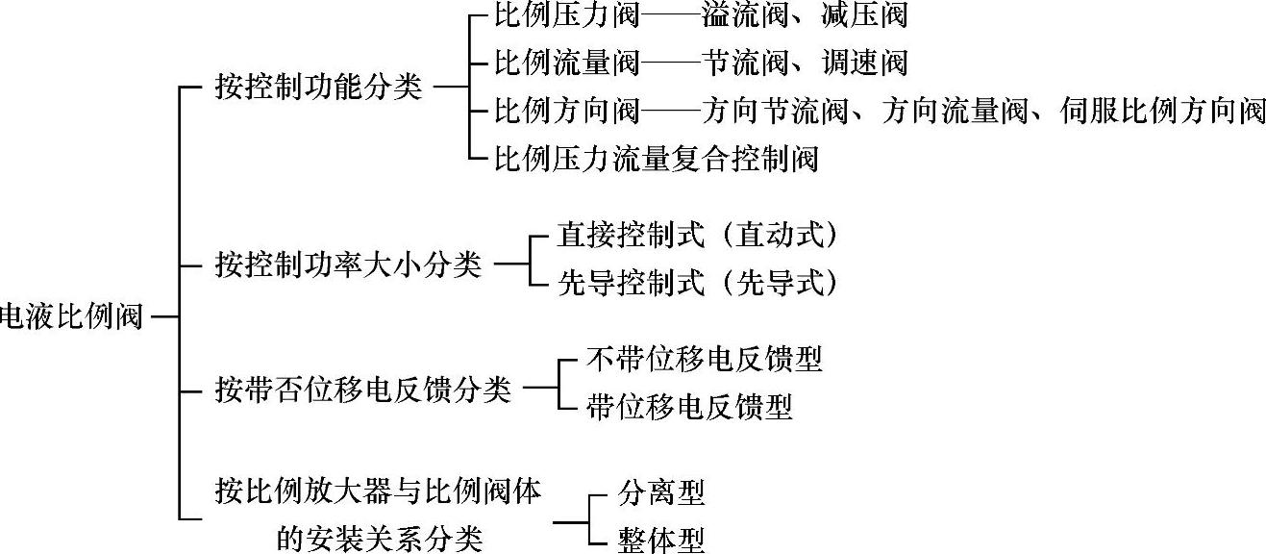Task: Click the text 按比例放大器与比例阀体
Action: coord(378,494)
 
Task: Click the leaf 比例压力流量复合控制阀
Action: coord(657,157)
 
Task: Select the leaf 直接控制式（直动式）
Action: coord(698,236)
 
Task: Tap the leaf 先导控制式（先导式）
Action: coord(698,284)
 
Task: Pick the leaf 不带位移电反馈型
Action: coord(705,360)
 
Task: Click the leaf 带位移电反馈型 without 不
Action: coord(689,407)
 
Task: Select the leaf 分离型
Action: coord(661,493)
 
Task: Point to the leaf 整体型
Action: coord(661,540)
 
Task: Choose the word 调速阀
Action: coord(865,63)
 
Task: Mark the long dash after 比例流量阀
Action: coord(670,63)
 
